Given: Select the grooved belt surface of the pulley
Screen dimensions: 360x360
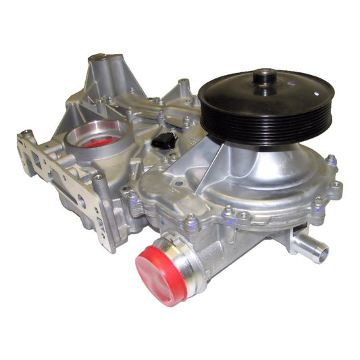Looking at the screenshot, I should pyautogui.click(x=267, y=128).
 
